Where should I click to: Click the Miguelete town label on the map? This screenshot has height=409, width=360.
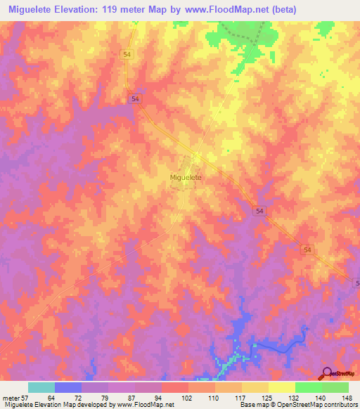tap(186, 178)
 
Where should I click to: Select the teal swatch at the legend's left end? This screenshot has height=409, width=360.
tap(41, 388)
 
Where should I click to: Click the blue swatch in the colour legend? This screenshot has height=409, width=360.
tap(68, 388)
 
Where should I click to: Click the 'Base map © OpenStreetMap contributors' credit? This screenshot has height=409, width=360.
tap(296, 404)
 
